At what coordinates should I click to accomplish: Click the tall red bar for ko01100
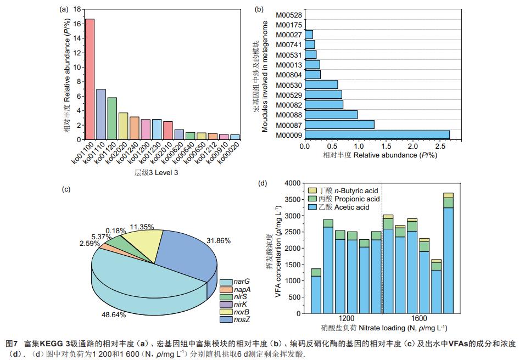[90, 80]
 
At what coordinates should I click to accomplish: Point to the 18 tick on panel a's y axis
[77, 9]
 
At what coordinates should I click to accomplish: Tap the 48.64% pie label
[114, 315]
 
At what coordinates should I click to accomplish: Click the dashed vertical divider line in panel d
[382, 247]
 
